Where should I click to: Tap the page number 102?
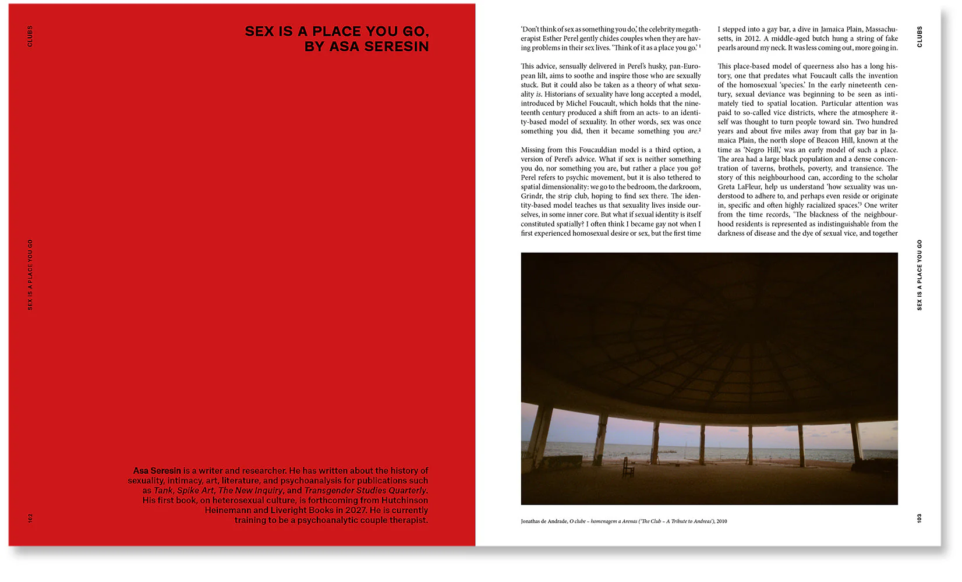(x=30, y=517)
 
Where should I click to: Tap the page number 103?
(x=919, y=517)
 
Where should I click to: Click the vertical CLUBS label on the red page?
(x=30, y=36)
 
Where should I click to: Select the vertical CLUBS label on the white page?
(x=919, y=36)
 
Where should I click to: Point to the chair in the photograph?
(x=628, y=466)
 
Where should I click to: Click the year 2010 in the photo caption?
(x=721, y=521)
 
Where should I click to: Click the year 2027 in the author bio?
(x=355, y=510)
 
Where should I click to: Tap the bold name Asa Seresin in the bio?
(x=157, y=471)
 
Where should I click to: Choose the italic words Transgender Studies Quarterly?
(x=366, y=491)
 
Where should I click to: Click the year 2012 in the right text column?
(x=752, y=38)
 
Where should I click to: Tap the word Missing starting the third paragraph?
(x=534, y=150)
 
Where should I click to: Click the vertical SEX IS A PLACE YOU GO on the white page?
(x=919, y=275)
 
